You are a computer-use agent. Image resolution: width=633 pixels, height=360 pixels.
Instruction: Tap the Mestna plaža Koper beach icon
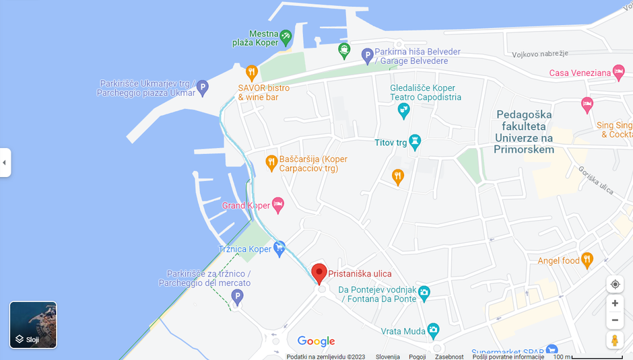point(286,35)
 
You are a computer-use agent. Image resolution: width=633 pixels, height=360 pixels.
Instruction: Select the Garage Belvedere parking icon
point(367,56)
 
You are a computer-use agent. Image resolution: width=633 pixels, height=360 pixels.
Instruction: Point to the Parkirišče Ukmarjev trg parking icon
point(202,87)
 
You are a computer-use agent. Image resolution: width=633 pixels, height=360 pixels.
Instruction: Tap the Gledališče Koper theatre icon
point(403,110)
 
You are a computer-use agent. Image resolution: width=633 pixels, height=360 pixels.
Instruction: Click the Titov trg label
point(391,143)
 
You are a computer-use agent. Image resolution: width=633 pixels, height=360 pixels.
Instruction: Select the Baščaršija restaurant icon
point(271,161)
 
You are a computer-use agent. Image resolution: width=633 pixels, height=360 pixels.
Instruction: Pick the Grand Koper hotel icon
point(277,205)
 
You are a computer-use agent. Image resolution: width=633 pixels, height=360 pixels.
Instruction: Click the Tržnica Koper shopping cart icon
point(279,248)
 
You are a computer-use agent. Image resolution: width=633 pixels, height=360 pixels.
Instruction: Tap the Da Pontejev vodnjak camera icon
point(424,293)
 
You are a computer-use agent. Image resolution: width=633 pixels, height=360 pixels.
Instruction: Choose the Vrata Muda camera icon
point(432,330)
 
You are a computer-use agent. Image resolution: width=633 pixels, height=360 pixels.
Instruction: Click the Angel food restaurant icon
point(587,260)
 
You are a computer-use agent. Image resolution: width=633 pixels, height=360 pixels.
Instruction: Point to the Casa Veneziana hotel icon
point(619,73)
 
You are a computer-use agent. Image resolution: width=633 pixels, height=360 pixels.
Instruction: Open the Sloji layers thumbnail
point(33,325)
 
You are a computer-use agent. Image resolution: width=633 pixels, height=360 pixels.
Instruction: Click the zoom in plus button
point(615,303)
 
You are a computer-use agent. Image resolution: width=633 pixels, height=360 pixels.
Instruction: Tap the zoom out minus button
point(615,320)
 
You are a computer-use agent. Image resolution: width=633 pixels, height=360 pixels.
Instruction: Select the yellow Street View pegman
point(615,340)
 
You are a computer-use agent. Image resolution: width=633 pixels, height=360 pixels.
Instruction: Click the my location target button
point(615,284)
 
